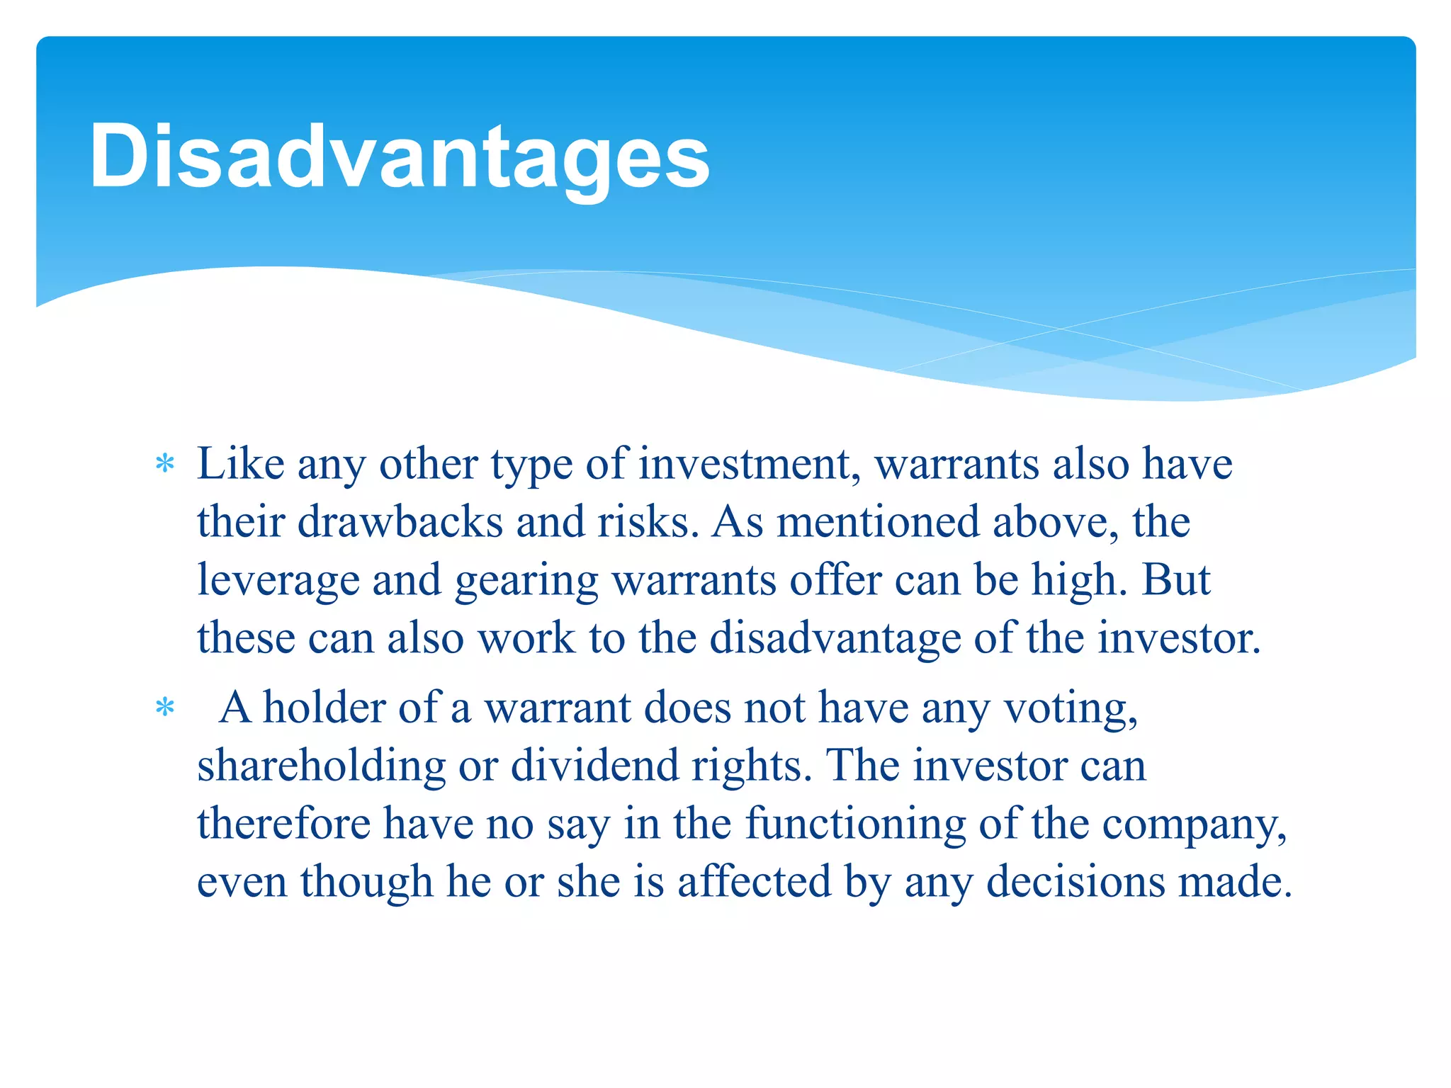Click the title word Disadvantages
pyautogui.click(x=399, y=157)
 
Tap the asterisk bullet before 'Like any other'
pyautogui.click(x=165, y=465)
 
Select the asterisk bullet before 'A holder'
pyautogui.click(x=165, y=708)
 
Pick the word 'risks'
pyautogui.click(x=643, y=523)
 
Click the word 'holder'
pyautogui.click(x=324, y=708)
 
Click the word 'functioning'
pyautogui.click(x=855, y=825)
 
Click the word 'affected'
pyautogui.click(x=754, y=883)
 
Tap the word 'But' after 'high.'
pyautogui.click(x=1176, y=581)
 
